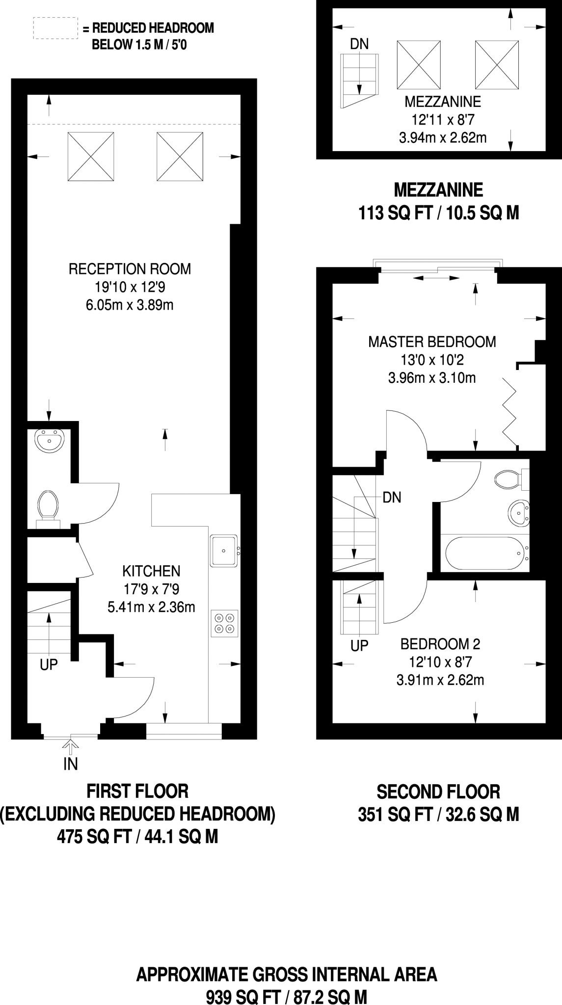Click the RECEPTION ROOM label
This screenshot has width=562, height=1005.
tap(130, 269)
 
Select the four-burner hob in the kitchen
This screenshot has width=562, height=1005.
tap(225, 623)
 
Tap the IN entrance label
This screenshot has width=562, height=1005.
tap(71, 764)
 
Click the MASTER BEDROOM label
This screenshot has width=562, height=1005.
tap(432, 342)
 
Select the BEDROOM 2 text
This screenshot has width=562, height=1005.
tap(440, 644)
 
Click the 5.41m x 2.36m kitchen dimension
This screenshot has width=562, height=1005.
tap(151, 607)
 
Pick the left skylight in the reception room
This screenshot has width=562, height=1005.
tap(91, 157)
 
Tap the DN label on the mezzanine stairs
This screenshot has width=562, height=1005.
tap(359, 44)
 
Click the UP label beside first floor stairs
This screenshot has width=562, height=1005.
tap(49, 664)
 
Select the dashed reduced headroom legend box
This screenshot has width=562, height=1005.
tap(55, 28)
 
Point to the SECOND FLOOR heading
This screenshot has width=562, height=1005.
tap(438, 792)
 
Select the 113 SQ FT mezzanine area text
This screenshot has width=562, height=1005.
tap(438, 213)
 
